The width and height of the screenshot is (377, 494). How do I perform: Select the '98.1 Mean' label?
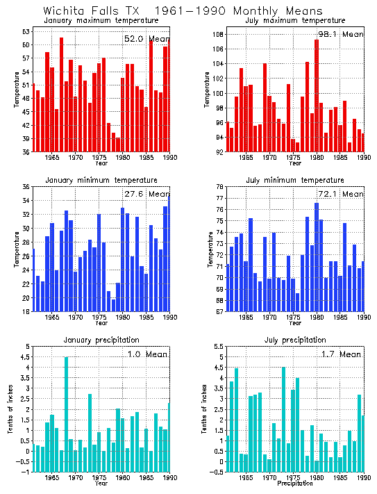coord(340,33)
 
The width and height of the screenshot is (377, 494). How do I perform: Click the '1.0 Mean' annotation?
coord(146,355)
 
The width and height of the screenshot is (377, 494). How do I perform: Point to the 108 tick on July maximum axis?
coord(216,34)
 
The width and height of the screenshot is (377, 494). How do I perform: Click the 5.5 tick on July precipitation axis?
coord(216,347)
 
